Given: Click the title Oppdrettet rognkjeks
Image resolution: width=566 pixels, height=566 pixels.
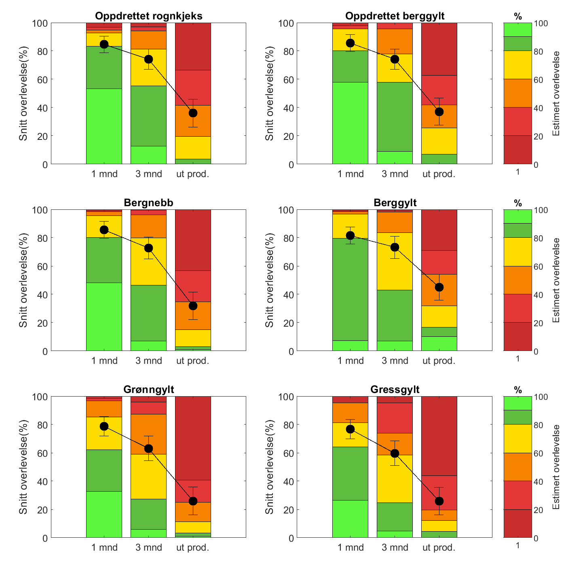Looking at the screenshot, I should point(149,16).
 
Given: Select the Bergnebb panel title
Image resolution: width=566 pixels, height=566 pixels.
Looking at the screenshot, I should point(149,203).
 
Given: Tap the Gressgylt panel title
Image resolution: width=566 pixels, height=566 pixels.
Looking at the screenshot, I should point(395,390).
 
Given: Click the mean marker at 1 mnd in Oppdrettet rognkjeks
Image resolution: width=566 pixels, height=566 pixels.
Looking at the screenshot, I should point(104,44).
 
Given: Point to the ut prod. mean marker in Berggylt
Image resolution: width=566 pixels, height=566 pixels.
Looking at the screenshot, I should point(439,287).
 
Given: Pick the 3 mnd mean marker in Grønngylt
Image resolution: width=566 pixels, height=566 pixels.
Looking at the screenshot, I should point(148,448).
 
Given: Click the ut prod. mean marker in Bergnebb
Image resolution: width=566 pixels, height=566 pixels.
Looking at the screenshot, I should point(193,306).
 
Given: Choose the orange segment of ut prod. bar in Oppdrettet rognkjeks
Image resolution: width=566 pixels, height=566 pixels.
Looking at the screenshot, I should point(193,121).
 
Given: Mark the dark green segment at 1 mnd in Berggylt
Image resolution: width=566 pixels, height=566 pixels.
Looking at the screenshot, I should point(351,289).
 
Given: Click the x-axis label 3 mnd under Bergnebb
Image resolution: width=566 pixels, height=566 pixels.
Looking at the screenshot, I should point(149,361).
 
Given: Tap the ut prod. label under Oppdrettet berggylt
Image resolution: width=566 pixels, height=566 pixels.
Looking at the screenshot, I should point(439,174).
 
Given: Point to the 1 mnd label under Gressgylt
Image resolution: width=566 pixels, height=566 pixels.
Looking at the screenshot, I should point(351,548).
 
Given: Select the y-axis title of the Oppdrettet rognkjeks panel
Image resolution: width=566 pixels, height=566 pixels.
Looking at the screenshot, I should point(23,94).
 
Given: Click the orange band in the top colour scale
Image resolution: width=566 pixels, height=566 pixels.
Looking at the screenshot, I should point(518,93).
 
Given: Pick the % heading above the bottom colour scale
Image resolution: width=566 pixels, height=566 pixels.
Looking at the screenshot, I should point(518,391).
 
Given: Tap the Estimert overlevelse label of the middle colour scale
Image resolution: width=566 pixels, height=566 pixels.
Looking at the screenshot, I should point(556,280).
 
